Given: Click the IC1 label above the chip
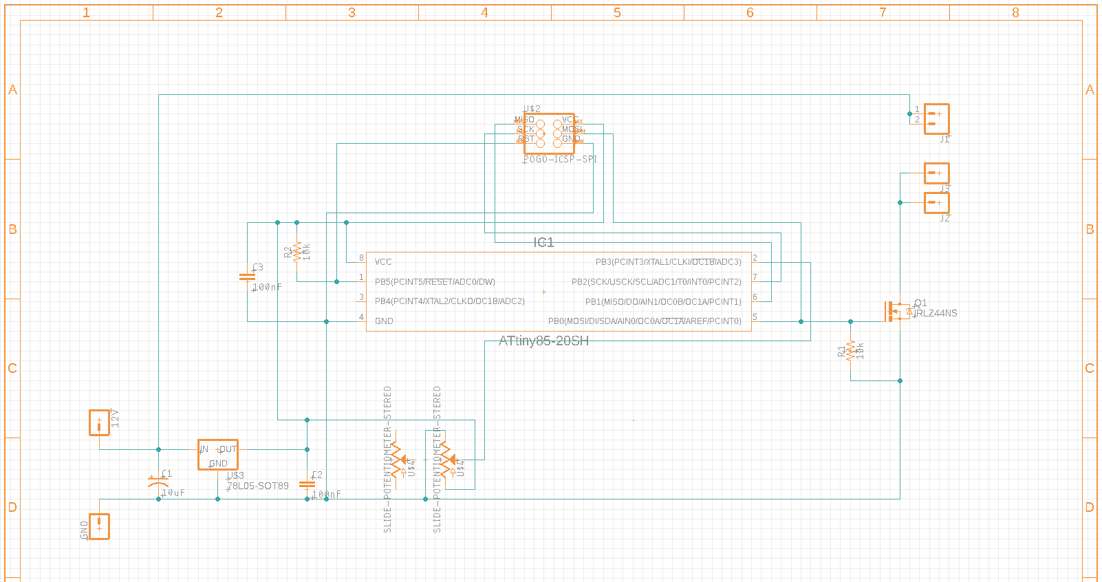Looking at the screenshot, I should tap(543, 242).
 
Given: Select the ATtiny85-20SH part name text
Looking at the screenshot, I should tap(543, 341).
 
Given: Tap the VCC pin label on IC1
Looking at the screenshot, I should tap(383, 262).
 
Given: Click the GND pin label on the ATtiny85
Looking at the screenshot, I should tap(384, 321).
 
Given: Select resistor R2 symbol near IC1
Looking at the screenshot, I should tap(297, 252).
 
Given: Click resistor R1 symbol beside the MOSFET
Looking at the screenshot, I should tap(851, 351).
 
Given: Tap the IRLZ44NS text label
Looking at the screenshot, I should tap(936, 314).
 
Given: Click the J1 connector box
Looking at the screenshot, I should tap(936, 119).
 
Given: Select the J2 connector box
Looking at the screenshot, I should tap(936, 203).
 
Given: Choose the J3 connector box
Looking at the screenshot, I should tap(936, 173).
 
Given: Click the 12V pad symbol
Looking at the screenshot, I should tap(99, 422).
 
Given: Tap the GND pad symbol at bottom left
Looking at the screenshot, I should tap(99, 526).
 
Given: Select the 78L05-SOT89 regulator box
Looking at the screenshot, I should tap(218, 455).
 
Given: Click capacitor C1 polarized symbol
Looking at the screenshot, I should tap(158, 484).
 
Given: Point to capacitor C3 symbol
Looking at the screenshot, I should tap(247, 277).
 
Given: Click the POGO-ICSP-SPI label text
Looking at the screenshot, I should tap(560, 160).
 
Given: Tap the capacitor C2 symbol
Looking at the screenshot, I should tap(307, 484).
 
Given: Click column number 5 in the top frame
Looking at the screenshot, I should tap(617, 12).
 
